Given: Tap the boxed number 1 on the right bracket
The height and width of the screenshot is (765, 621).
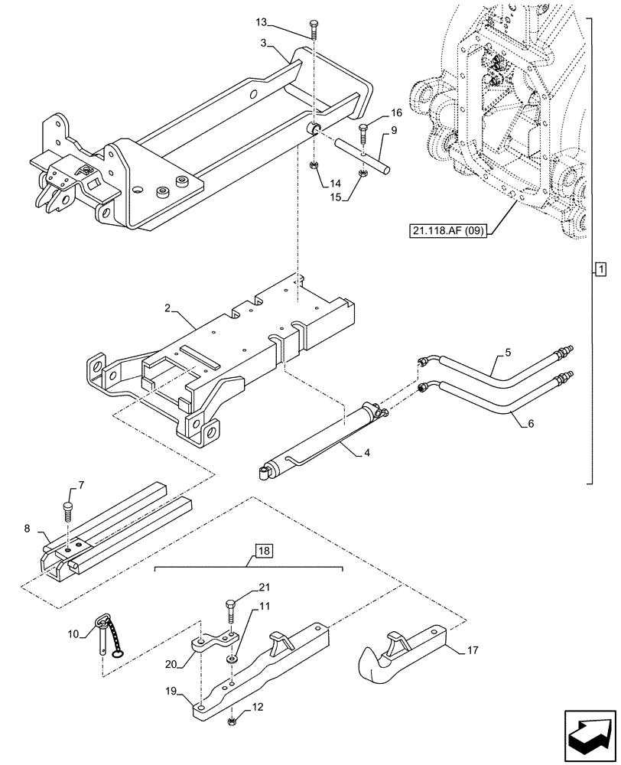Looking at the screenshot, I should [600, 269].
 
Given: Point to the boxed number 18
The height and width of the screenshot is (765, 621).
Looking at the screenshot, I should [263, 550].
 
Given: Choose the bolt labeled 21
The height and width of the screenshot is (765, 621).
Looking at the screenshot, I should [229, 610].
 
